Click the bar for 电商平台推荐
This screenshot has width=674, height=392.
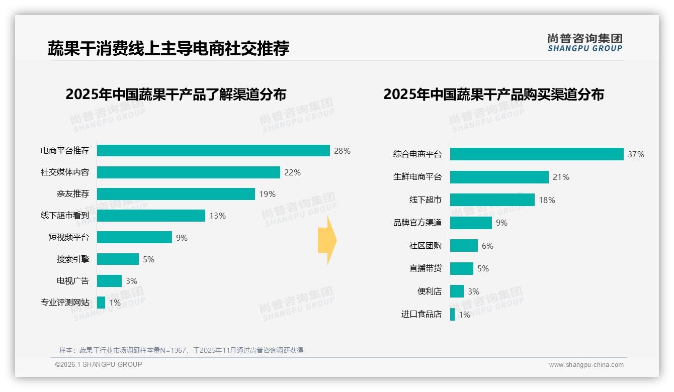pyautogui.click(x=213, y=151)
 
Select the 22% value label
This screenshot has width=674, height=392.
pyautogui.click(x=292, y=172)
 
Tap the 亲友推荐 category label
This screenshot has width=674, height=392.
pyautogui.click(x=72, y=194)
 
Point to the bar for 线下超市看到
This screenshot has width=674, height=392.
pyautogui.click(x=151, y=216)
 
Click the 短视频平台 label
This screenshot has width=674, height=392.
pyautogui.click(x=68, y=237)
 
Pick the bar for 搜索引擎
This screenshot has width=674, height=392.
pyautogui.click(x=118, y=259)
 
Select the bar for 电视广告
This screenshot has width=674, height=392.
pyautogui.click(x=109, y=281)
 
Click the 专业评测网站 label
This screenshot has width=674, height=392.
pyautogui.click(x=64, y=303)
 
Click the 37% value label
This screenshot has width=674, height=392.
pyautogui.click(x=636, y=154)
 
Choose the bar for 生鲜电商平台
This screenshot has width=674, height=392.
pyautogui.click(x=499, y=177)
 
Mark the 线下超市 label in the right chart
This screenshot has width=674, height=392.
pyautogui.click(x=425, y=200)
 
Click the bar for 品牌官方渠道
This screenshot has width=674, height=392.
pyautogui.click(x=471, y=223)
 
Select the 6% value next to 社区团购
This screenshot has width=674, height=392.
pyautogui.click(x=487, y=246)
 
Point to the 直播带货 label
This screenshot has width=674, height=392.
pyautogui.click(x=425, y=268)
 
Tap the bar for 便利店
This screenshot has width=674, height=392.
pyautogui.click(x=457, y=291)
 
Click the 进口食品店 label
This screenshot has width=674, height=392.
pyautogui.click(x=421, y=314)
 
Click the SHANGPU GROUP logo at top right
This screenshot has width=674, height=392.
pyautogui.click(x=584, y=43)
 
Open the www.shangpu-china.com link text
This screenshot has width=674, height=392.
pyautogui.click(x=586, y=365)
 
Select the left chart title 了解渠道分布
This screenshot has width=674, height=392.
pyautogui.click(x=176, y=94)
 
